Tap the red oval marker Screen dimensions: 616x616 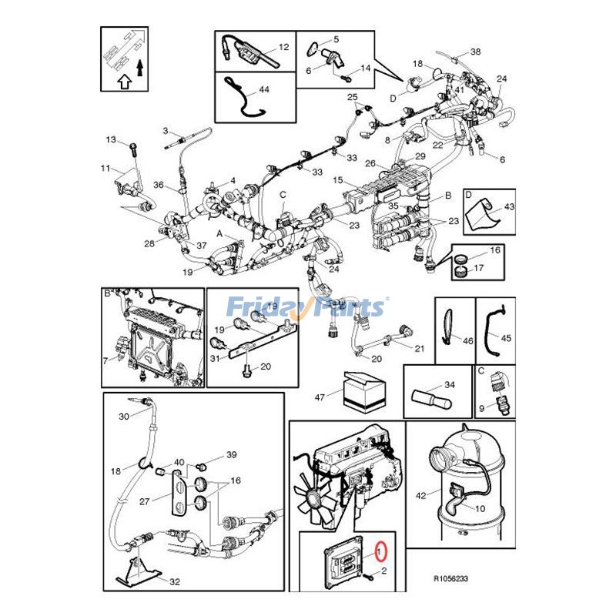click(379, 551)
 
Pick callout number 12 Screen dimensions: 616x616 click(283, 47)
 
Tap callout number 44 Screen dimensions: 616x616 click(264, 90)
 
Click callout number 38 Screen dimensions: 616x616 click(475, 52)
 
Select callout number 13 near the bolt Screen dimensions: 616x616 click(110, 140)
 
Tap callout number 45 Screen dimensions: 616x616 click(506, 338)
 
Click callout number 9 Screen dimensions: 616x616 click(481, 407)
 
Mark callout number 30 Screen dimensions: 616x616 click(123, 417)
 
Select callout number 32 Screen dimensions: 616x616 click(175, 582)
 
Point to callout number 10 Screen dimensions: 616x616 click(480, 509)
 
